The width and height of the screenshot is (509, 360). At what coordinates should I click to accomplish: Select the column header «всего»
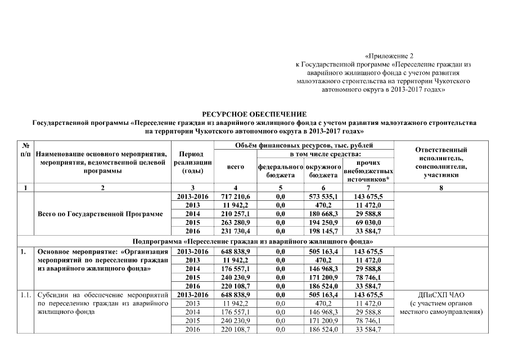click(x=235, y=167)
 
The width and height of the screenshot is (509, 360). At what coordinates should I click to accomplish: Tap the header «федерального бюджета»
click(x=280, y=171)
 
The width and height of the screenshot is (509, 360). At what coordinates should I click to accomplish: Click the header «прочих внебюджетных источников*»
click(x=369, y=170)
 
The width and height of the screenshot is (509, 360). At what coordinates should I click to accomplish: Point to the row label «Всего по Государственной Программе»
click(x=100, y=214)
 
